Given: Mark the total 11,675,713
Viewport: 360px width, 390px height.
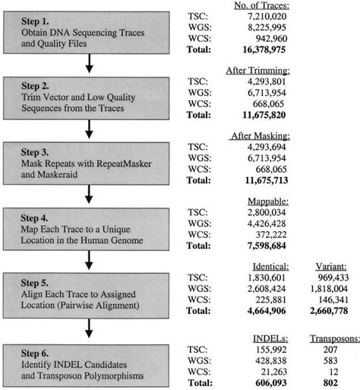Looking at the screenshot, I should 267,180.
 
